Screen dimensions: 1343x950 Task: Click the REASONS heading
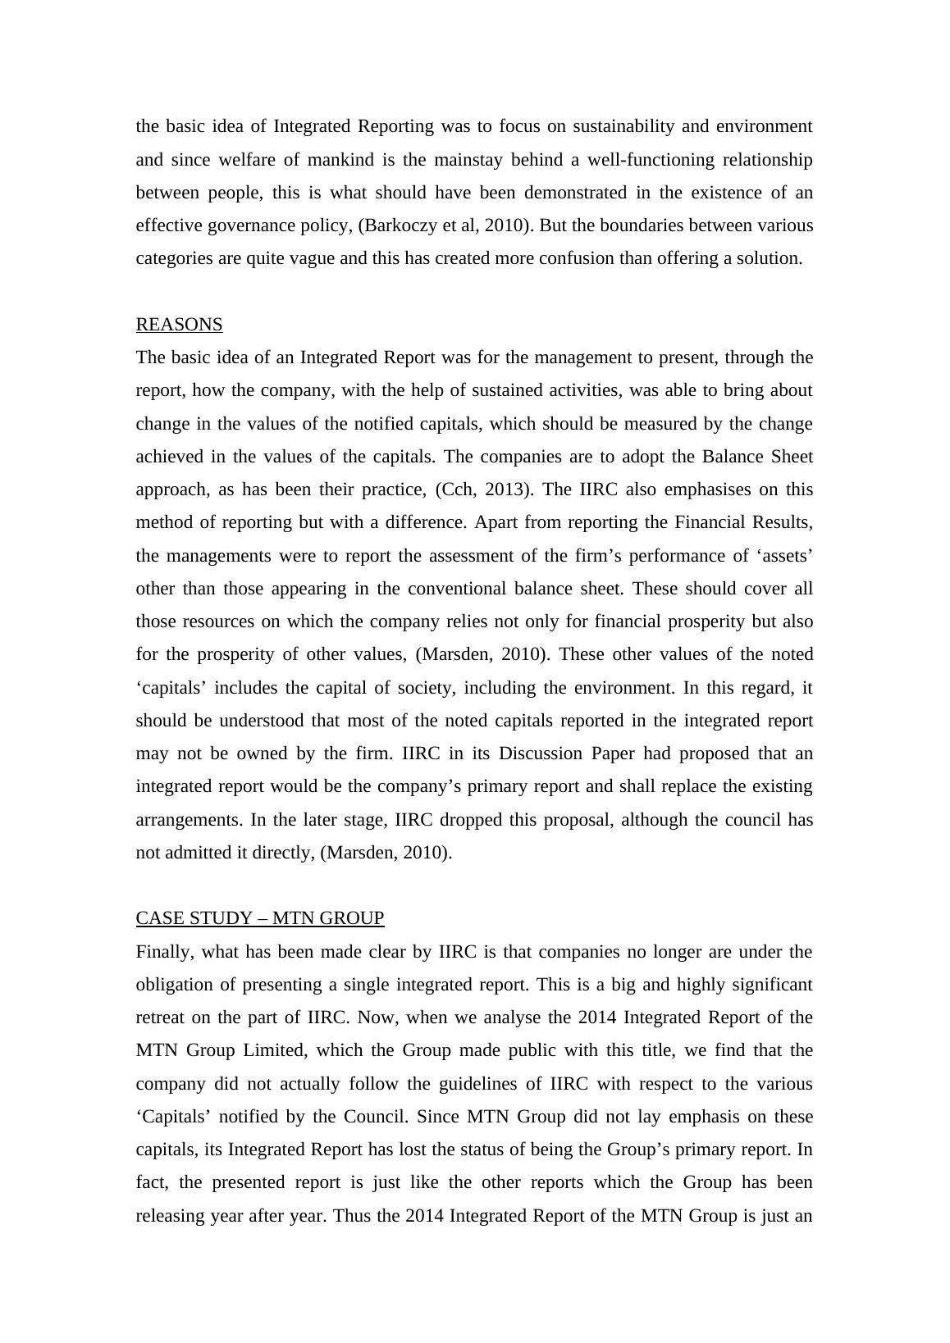pos(179,325)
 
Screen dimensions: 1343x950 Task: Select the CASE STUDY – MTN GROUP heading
pos(260,918)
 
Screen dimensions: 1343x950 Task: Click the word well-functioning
pos(651,160)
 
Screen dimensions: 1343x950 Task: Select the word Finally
pos(166,952)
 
